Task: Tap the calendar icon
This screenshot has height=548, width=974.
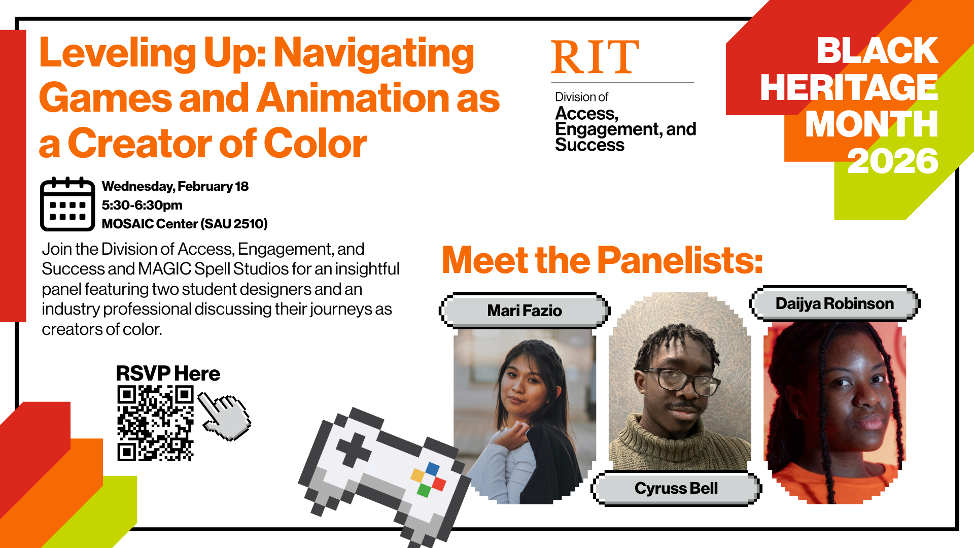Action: (67, 204)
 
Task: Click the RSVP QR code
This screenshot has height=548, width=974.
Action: (155, 423)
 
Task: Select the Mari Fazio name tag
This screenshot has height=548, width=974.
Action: (525, 311)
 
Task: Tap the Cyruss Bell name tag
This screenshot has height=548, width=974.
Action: (676, 488)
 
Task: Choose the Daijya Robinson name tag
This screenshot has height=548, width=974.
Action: (834, 303)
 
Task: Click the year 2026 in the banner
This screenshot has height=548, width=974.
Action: (892, 161)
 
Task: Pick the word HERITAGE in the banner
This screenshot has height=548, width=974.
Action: (849, 88)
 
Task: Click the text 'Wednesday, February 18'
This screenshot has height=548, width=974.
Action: (175, 186)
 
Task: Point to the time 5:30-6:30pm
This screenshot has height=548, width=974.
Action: (142, 205)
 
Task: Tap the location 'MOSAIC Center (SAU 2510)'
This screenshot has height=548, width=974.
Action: (185, 224)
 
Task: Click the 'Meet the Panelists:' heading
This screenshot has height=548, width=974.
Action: (602, 260)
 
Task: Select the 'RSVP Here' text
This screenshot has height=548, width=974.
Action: (168, 373)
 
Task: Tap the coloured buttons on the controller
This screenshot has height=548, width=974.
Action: (428, 479)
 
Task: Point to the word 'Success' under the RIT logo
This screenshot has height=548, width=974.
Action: (589, 145)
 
